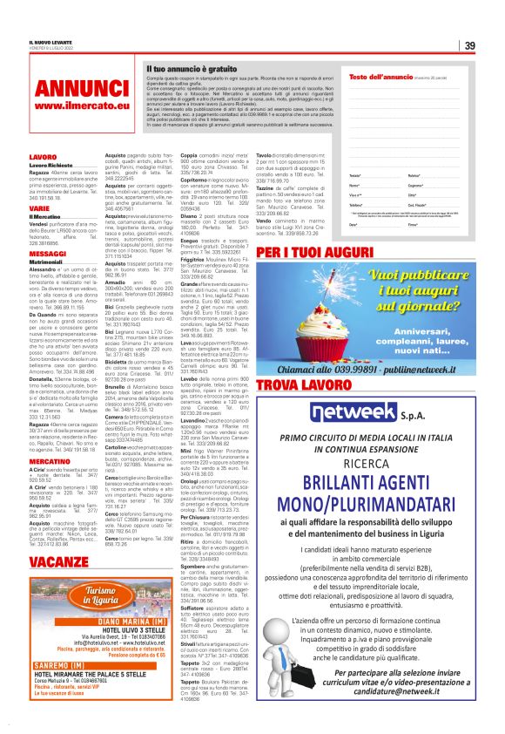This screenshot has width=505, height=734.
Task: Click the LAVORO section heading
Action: (43, 157)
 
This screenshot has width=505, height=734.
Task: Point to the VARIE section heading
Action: (40, 209)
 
